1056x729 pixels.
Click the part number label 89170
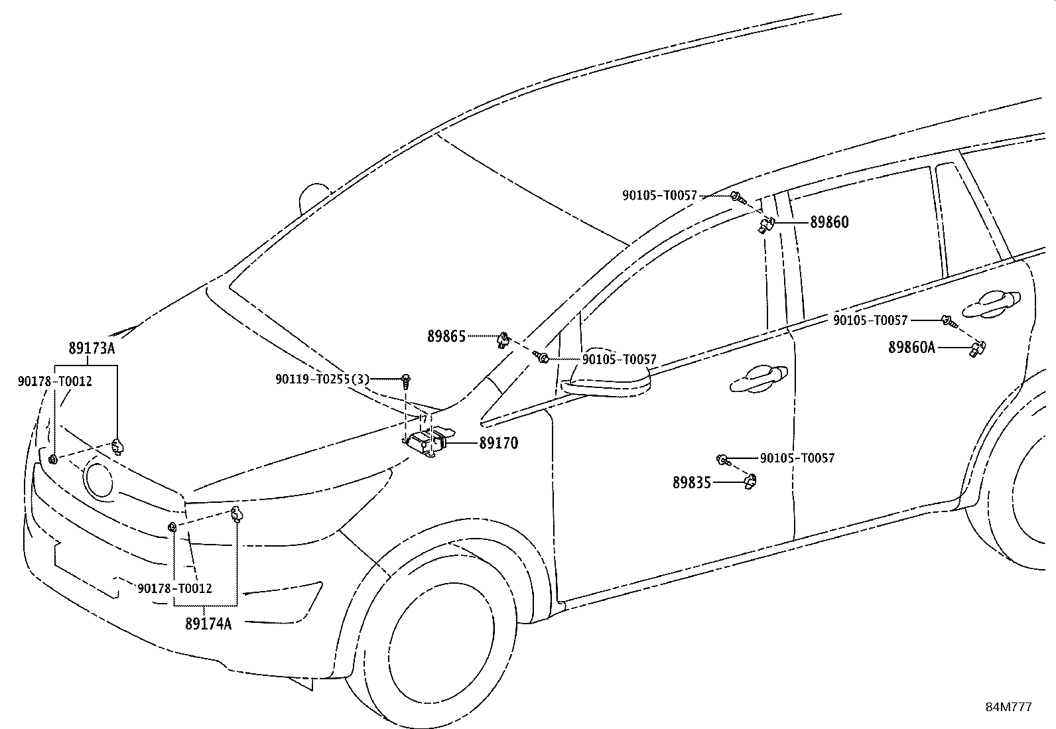coord(498,443)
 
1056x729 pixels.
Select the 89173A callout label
coord(92,348)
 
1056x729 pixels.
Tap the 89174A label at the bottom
coord(208,624)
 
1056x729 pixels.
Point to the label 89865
coord(446,336)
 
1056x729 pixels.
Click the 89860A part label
coord(911,347)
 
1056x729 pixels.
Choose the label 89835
coord(691,483)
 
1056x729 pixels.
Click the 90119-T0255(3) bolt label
coord(322,379)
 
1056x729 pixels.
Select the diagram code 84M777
coord(1008,707)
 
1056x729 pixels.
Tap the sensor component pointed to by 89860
coord(766,225)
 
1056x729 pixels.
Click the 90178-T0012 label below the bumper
coord(175,588)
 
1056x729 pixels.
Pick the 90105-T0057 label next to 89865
coord(619,360)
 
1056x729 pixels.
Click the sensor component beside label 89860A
coord(978,347)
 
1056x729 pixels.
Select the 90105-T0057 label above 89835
coord(797,458)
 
